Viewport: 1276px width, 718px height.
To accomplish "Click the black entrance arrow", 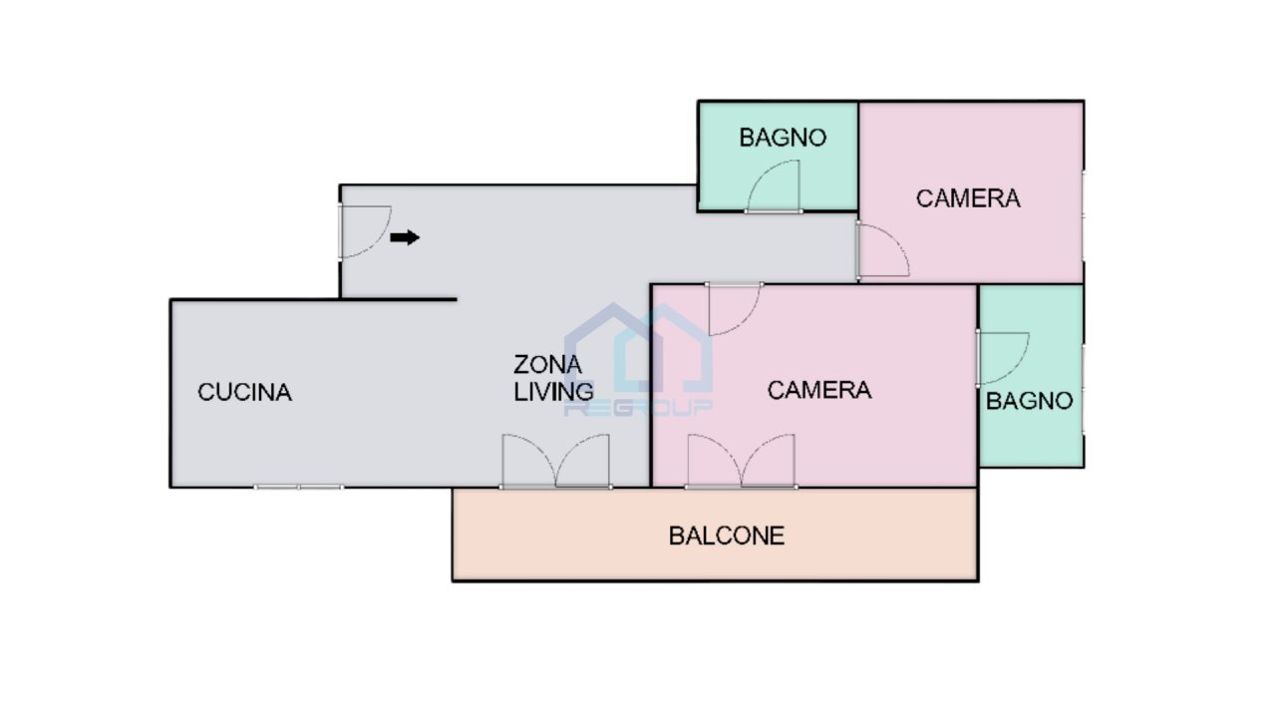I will tap(405, 237).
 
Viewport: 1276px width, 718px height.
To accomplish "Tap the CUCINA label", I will tap(244, 392).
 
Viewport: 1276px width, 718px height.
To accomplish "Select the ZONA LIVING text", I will tap(552, 378).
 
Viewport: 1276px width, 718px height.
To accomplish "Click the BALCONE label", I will tap(726, 536).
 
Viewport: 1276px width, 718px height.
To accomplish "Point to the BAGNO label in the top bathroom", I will tap(783, 138).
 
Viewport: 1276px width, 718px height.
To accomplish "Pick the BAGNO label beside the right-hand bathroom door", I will tap(1029, 401).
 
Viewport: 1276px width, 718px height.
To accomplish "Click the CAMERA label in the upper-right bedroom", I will tap(968, 197).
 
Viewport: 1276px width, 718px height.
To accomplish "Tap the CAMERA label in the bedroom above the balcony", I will tap(818, 390).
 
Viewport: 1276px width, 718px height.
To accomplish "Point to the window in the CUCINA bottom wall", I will tap(298, 487).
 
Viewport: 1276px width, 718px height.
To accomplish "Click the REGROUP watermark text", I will tap(638, 408).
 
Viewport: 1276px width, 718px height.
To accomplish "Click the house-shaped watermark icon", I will tap(638, 349).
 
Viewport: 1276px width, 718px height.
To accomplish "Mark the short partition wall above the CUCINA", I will tap(399, 298).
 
